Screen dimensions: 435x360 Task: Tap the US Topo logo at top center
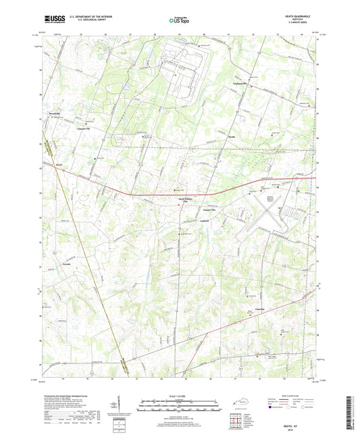coord(179,21)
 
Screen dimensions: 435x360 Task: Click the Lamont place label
coord(213,220)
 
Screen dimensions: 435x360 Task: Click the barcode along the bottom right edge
coord(352,412)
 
